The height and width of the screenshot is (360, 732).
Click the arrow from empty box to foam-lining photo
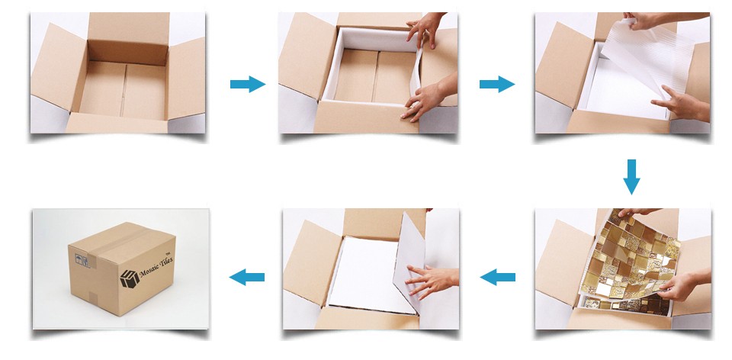[x=248, y=85]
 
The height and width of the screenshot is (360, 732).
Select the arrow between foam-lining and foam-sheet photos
[x=496, y=85]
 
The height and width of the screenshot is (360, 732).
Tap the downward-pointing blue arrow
[x=631, y=177]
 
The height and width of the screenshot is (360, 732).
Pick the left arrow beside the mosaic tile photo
[x=498, y=278]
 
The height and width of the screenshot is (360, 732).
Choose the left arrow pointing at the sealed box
[x=247, y=278]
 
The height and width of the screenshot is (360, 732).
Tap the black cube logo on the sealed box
[x=130, y=278]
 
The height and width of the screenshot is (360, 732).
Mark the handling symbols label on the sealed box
[x=82, y=260]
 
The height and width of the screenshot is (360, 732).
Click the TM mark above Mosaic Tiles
[x=169, y=250]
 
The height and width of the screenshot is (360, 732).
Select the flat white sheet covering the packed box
[x=370, y=275]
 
